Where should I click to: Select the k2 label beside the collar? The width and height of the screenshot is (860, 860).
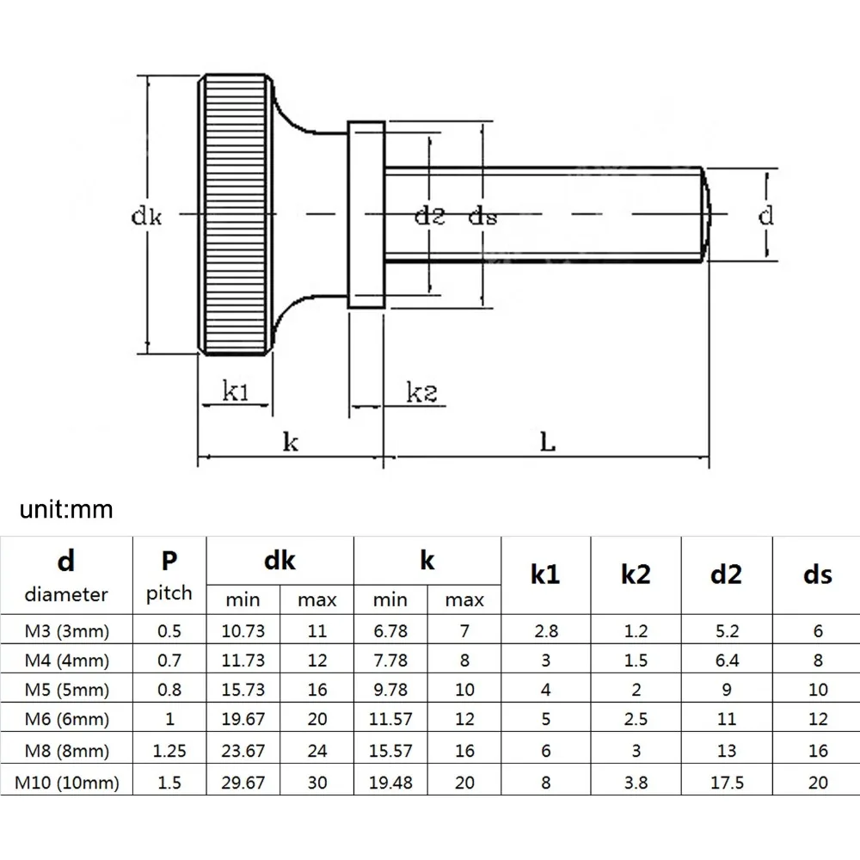421,393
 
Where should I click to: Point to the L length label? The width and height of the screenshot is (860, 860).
547,442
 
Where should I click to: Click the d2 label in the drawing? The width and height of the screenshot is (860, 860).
429,216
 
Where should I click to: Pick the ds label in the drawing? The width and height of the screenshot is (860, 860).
482,216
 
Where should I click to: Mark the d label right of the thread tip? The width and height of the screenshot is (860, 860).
765,215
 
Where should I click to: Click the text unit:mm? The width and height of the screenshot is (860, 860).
66,509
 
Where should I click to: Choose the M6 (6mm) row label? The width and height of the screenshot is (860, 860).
67,720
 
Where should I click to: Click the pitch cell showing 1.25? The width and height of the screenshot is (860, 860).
169,750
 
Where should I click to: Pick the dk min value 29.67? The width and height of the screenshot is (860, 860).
243,782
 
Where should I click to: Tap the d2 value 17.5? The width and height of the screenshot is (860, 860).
726,782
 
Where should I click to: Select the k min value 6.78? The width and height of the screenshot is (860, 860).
390,631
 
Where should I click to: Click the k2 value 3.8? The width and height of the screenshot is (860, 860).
635,782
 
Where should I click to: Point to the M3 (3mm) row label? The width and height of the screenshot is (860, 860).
67,631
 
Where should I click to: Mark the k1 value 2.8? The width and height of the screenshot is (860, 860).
545,631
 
